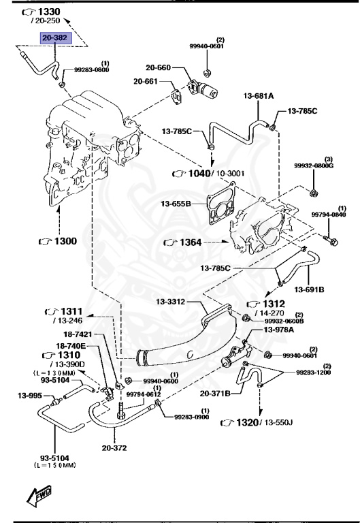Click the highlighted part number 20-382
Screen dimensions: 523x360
point(54,39)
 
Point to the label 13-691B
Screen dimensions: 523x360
point(309,289)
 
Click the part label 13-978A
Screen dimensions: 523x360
point(279,330)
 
